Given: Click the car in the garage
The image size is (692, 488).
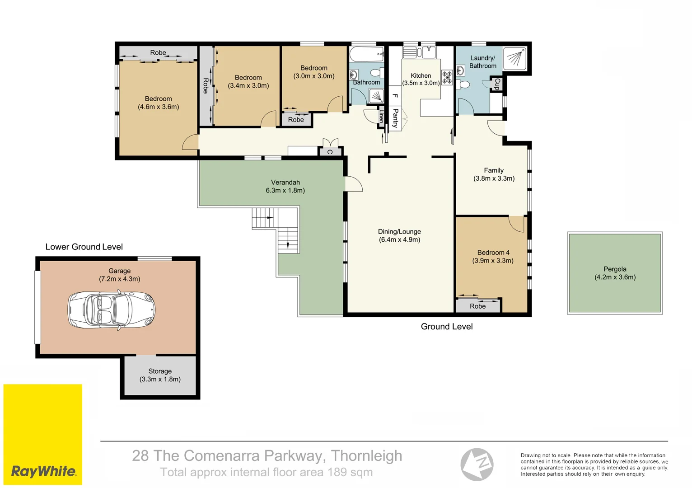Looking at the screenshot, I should click(x=112, y=310).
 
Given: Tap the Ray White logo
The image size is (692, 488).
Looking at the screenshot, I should click(x=43, y=471).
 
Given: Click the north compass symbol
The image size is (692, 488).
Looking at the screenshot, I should click(x=477, y=464).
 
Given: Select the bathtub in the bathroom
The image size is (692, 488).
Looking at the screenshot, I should click(x=366, y=54).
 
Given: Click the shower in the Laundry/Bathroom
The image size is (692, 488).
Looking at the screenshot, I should click(x=514, y=59).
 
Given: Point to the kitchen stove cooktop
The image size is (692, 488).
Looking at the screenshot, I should click(x=447, y=78).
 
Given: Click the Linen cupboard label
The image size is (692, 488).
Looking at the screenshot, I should click(x=381, y=116).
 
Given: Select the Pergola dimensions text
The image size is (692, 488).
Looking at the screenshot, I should click(x=615, y=277).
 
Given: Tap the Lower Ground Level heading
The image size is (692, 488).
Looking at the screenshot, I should click(x=84, y=247).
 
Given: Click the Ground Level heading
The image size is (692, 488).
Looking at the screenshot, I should click(x=446, y=326).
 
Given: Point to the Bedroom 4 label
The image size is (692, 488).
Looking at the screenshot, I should click(x=493, y=253).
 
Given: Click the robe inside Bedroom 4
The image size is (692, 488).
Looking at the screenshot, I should click(x=477, y=306).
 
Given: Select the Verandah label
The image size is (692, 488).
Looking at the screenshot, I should click(x=285, y=182).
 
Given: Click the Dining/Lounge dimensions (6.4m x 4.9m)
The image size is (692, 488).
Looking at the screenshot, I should click(x=399, y=239).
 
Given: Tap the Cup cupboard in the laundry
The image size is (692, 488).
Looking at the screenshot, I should click(x=496, y=84).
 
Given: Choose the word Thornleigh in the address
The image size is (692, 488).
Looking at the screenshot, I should click(x=366, y=455).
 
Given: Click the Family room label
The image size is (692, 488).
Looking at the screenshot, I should click(x=493, y=170).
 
